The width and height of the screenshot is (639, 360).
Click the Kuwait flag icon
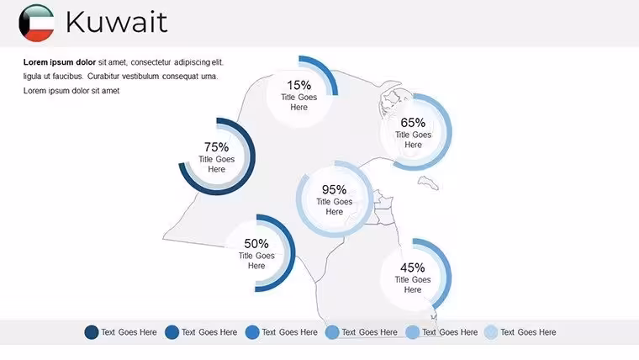(36, 23)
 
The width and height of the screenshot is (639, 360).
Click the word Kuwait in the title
(117, 22)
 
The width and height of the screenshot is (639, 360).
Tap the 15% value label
(298, 85)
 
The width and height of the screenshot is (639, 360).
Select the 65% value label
(413, 122)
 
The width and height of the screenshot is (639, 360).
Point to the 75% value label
(216, 146)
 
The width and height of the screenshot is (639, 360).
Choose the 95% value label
(334, 189)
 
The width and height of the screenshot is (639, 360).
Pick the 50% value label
(256, 244)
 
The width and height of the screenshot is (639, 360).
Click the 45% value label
(413, 267)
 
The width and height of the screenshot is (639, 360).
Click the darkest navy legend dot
(92, 332)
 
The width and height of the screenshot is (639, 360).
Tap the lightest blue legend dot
(491, 332)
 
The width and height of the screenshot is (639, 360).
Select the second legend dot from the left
(172, 332)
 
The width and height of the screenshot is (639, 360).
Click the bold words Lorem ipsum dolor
(60, 62)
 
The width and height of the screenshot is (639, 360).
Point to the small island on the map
(428, 183)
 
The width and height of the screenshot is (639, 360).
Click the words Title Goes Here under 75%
(216, 164)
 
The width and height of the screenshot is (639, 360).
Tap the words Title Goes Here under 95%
(334, 207)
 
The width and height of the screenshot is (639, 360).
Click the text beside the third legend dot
(289, 332)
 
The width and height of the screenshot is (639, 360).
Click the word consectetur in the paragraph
(151, 62)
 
